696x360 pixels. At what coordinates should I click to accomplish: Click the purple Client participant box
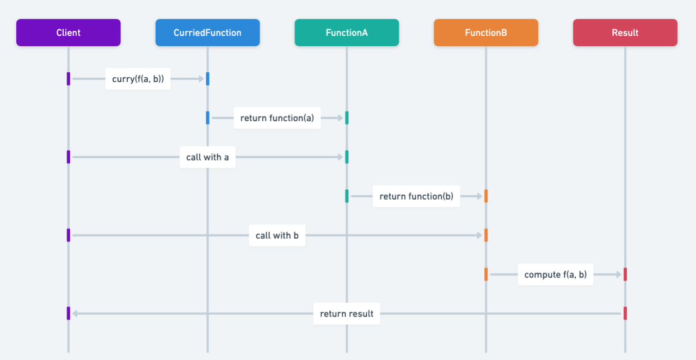pos(68,33)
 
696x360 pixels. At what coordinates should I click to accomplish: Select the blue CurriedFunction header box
pos(207,33)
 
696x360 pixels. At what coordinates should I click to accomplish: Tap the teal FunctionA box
pos(347,33)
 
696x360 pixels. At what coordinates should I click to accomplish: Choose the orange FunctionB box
pos(486,33)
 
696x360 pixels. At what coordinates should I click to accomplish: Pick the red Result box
pos(625,33)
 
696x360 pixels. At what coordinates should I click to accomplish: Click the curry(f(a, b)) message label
pos(138,79)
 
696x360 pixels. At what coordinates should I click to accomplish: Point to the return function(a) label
pos(277,118)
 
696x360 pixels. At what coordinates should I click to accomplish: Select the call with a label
pos(207,157)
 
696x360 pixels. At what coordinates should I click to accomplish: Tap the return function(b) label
pos(416,196)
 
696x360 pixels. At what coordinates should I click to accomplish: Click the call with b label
pos(277,235)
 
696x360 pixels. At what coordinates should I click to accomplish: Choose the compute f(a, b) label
pos(555,275)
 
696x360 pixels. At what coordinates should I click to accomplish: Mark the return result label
pos(347,314)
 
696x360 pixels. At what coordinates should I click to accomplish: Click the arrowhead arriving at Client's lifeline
pos(75,314)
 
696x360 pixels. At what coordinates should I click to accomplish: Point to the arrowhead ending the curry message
pos(201,79)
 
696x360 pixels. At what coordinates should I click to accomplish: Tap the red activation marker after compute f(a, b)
pos(625,275)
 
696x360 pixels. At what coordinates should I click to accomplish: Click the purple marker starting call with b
pos(69,235)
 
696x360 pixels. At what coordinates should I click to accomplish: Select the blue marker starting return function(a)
pos(207,118)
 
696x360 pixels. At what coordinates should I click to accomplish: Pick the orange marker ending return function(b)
pos(486,196)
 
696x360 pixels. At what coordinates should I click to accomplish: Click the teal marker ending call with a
pos(347,157)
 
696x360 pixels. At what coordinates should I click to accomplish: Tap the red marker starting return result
pos(625,314)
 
